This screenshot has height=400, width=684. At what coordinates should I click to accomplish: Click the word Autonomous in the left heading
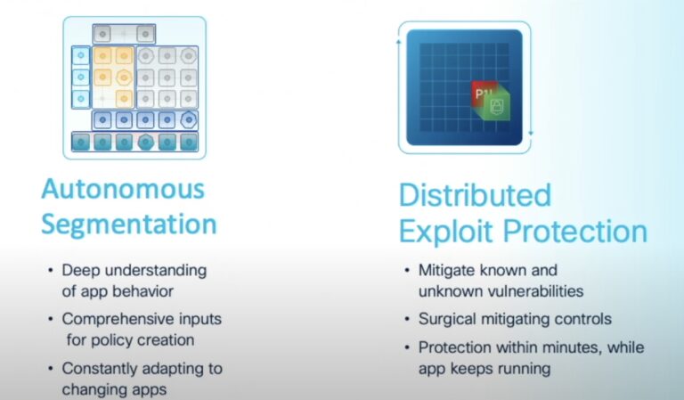pos(123,190)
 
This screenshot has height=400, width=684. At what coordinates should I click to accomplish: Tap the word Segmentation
pos(128,225)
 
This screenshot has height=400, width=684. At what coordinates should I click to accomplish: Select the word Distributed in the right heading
pos(475,195)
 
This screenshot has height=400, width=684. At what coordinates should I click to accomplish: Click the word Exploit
pos(447,231)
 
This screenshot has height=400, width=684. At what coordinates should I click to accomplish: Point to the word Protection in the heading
pos(575,231)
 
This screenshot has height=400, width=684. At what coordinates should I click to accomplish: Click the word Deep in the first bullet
pos(81,271)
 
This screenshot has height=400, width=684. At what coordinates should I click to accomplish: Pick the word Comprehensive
pos(118,319)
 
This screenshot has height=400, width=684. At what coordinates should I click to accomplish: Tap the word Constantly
pos(100,369)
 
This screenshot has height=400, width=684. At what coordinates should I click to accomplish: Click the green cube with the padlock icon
pos(496,104)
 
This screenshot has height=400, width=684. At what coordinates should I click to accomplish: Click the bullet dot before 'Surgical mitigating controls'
pos(407,319)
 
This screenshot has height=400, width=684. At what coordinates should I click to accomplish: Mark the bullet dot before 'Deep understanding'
pos(51,271)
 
